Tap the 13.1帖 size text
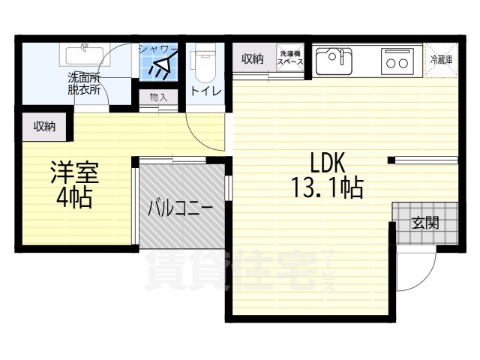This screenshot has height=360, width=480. (327, 187)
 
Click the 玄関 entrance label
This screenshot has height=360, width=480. (424, 223)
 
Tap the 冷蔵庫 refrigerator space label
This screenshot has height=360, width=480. (440, 60)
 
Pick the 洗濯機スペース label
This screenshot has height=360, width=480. (291, 58)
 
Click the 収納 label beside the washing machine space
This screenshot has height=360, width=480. (253, 59)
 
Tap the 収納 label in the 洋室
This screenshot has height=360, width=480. (44, 127)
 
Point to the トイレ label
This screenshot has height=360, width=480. (205, 92)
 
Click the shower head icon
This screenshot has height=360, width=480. (160, 68)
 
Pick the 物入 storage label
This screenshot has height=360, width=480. (158, 97)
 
